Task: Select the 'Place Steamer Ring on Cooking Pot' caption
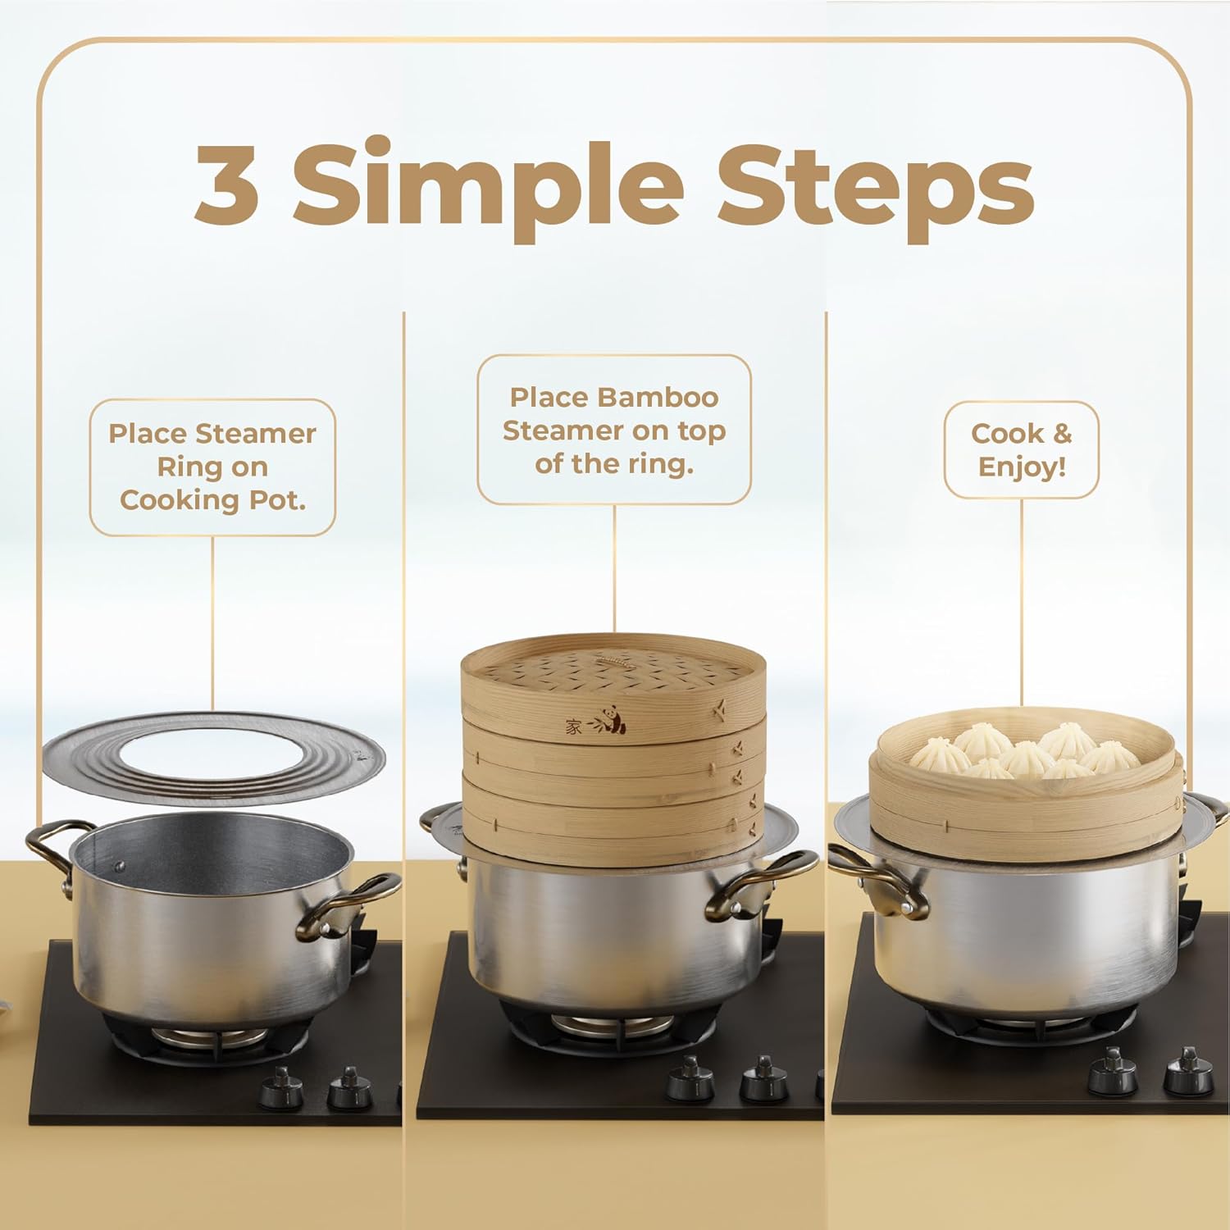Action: click(212, 467)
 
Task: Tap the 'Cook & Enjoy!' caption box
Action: click(1021, 449)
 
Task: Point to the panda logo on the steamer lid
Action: click(612, 719)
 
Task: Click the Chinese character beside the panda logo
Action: click(573, 727)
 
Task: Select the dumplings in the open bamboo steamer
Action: click(1025, 750)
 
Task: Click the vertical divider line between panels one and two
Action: click(404, 574)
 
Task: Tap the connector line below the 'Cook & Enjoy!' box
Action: click(1022, 599)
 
